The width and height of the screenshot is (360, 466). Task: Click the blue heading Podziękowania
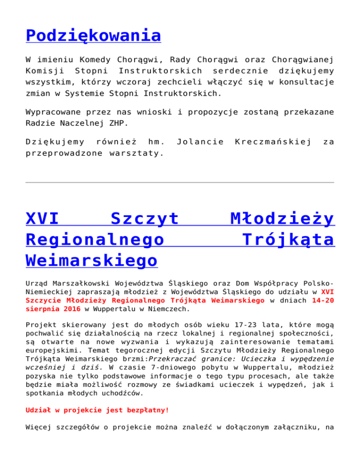(93, 35)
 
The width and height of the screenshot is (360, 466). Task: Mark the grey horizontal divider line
(180, 182)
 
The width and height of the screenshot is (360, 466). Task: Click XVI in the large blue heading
(42, 219)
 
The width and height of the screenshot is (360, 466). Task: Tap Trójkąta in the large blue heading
(288, 240)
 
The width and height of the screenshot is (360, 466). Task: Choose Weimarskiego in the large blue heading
(92, 260)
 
